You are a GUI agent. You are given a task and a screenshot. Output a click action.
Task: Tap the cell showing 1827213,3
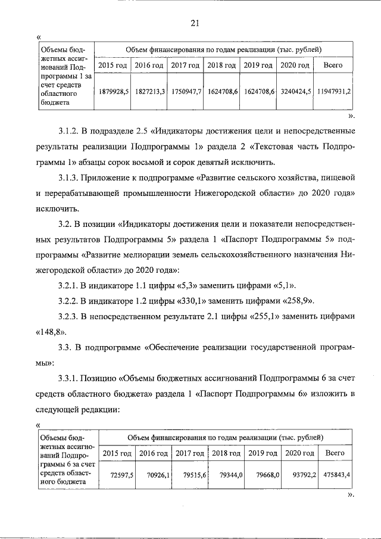point(149,91)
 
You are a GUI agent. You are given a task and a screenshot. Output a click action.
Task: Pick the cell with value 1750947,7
point(186,91)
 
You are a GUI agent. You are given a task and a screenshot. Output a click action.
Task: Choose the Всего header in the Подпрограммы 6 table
point(335,453)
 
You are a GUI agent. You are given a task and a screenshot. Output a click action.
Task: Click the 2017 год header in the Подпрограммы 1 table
point(186,65)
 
